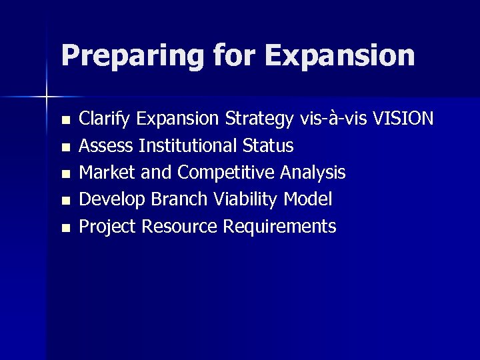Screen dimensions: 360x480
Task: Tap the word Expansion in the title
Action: (x=339, y=56)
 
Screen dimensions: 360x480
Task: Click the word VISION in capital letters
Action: (x=403, y=119)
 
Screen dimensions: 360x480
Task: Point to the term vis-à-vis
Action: (x=333, y=119)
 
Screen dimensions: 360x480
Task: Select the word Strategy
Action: (x=259, y=120)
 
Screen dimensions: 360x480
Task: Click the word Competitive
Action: (x=226, y=173)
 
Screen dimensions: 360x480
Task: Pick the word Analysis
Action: (x=313, y=173)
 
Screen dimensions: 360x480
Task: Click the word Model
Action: (x=308, y=199)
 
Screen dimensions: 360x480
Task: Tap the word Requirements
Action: (x=279, y=227)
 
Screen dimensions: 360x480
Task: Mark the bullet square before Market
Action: (x=65, y=174)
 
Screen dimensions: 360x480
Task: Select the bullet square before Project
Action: (x=65, y=228)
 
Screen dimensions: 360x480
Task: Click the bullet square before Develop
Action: (x=65, y=201)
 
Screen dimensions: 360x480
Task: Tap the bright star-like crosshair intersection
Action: (x=47, y=97)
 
